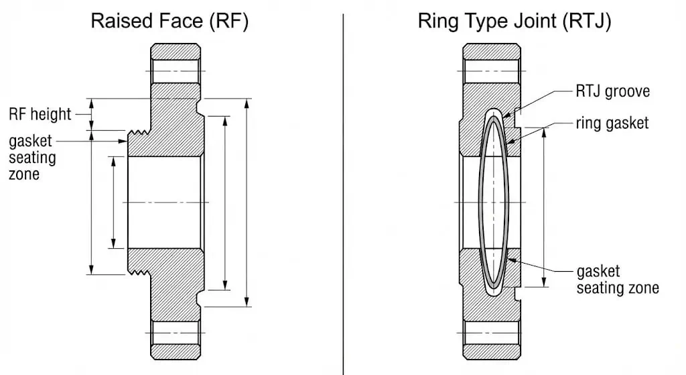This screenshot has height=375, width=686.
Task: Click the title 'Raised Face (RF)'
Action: click(169, 21)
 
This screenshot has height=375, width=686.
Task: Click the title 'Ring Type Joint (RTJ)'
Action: click(514, 21)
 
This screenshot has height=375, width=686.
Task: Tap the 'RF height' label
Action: click(40, 114)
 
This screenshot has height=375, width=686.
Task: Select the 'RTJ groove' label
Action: click(612, 91)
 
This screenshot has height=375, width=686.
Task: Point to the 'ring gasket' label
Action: click(612, 123)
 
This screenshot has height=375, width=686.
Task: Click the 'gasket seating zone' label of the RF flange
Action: click(32, 158)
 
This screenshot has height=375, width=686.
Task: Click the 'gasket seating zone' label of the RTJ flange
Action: click(617, 280)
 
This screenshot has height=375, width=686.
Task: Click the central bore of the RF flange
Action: click(165, 202)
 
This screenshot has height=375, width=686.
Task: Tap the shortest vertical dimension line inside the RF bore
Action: click(113, 202)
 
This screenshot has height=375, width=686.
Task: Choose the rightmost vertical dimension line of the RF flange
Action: click(247, 202)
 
